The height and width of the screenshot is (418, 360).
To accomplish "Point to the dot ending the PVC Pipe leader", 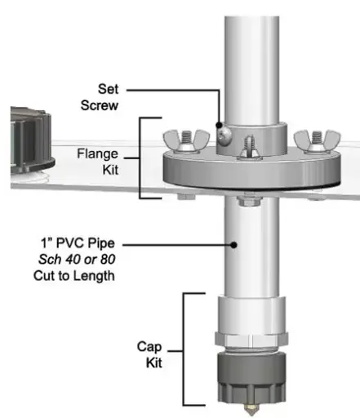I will point(234,242).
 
